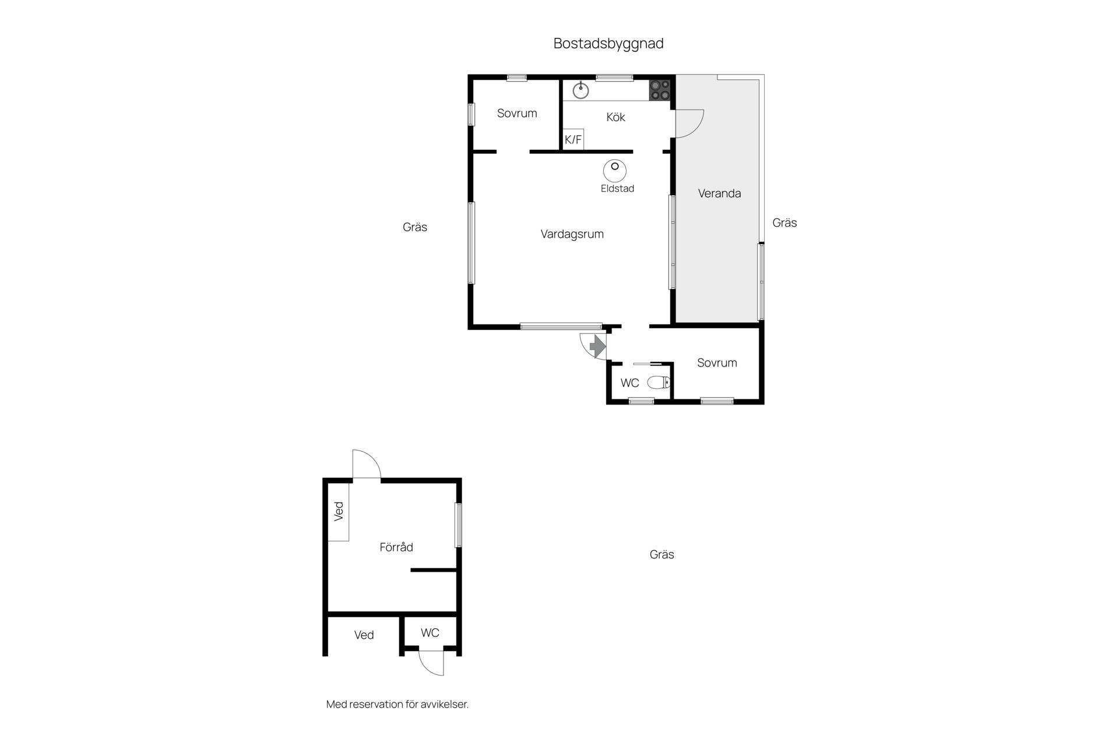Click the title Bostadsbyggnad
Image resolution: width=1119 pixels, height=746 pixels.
click(608, 44)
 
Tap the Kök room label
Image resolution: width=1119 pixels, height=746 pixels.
click(615, 117)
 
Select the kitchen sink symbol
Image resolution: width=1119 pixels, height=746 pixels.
click(580, 90)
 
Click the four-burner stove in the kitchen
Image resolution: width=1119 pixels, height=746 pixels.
click(660, 90)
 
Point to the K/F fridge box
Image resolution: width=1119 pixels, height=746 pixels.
click(573, 139)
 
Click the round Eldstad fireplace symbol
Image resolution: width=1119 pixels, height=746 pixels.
click(615, 171)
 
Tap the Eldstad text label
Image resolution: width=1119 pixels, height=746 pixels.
click(617, 188)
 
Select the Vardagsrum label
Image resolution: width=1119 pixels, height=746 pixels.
click(572, 234)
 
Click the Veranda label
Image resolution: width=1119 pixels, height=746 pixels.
click(719, 193)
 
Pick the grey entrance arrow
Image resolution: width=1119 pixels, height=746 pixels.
click(598, 346)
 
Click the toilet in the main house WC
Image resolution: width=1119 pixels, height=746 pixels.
click(659, 383)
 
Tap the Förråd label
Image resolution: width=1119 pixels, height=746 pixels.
click(396, 547)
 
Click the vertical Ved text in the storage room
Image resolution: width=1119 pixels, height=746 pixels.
click(339, 511)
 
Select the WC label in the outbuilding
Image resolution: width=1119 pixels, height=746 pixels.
click(430, 633)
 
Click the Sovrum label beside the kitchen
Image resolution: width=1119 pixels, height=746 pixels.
click(517, 113)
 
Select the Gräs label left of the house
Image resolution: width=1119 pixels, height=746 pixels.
click(415, 227)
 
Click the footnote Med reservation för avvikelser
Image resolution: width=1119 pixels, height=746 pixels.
click(397, 704)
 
